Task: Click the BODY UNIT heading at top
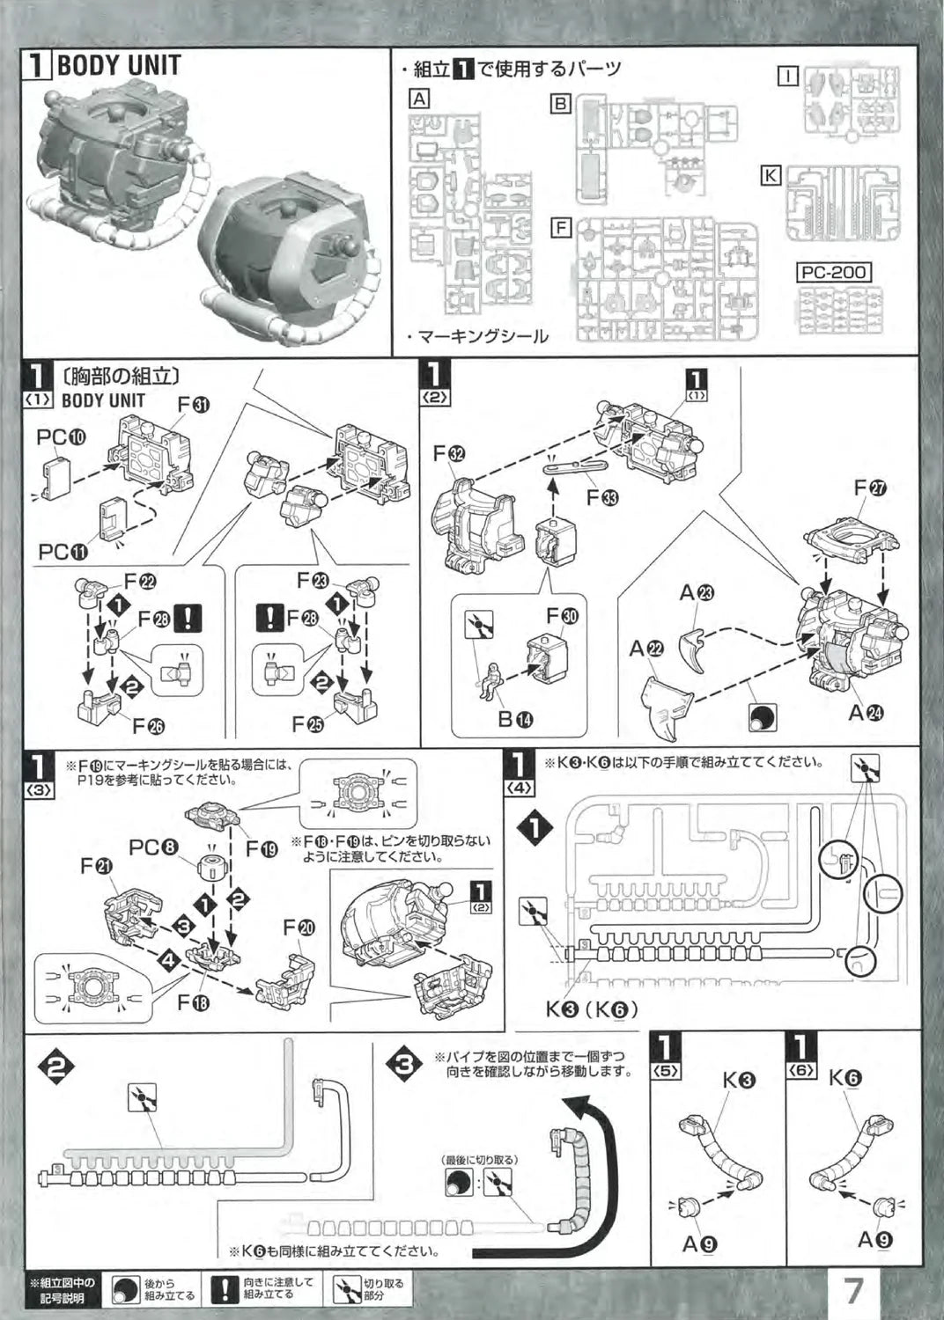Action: click(x=117, y=65)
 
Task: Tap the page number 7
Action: click(x=852, y=1291)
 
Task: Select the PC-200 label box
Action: click(x=834, y=273)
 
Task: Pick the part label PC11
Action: click(x=63, y=552)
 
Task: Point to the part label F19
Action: click(x=262, y=849)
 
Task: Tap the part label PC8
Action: click(x=154, y=848)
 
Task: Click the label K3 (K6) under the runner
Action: click(x=591, y=1008)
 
